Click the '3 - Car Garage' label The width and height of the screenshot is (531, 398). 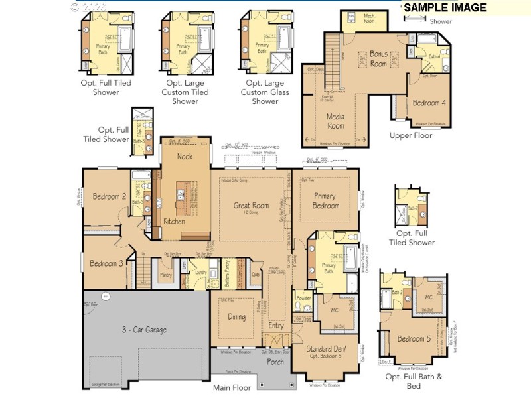click(143, 330)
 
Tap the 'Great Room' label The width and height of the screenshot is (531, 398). click(251, 206)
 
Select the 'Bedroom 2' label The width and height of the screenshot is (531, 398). click(110, 196)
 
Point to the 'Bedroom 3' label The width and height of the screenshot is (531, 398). click(106, 263)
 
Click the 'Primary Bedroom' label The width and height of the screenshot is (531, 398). click(325, 201)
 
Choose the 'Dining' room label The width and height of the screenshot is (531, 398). click(236, 317)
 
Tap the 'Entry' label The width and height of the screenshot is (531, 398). click(275, 326)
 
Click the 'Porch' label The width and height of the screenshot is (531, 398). click(275, 362)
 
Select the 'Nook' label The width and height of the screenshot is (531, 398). click(185, 157)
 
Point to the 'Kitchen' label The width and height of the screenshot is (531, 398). click(174, 221)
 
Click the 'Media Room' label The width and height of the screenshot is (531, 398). click(336, 121)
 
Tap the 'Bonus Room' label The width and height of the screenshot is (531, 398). click(378, 59)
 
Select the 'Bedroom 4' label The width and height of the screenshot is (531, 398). click(429, 103)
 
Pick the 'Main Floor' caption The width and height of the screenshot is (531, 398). click(232, 388)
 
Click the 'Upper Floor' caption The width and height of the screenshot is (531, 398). click(411, 135)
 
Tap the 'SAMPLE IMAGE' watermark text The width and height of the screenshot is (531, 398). click(445, 8)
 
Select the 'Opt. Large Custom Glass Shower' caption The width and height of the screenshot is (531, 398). click(264, 92)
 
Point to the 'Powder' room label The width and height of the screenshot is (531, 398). click(303, 298)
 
